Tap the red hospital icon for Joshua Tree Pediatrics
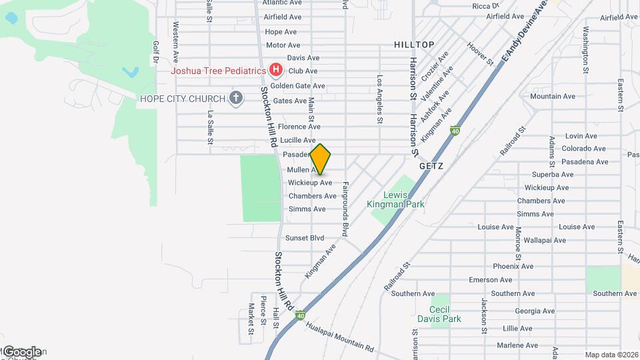point(275,70)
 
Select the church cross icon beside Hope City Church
point(235,99)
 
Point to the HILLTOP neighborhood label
point(414,45)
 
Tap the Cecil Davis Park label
point(439,313)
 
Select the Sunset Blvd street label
point(305,238)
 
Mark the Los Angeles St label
point(379,99)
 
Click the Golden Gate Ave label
point(297,86)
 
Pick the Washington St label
point(585,49)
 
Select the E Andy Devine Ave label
point(524,32)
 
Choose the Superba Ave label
point(549,175)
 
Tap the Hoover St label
point(480,55)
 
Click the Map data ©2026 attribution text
point(611,355)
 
